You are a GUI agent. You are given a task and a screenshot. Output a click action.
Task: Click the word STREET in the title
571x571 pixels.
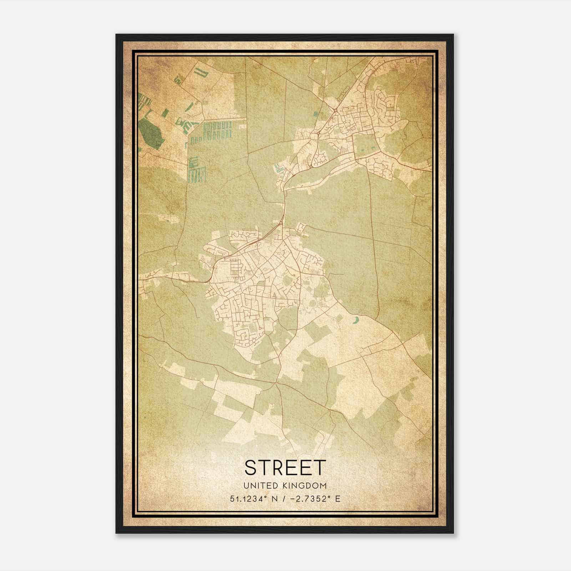[285, 467]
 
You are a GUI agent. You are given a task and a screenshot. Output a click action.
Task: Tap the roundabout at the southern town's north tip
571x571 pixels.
[282, 223]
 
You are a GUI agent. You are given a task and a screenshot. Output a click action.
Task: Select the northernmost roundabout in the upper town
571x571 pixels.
[336, 111]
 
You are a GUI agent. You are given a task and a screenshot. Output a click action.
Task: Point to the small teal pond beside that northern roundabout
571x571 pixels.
[315, 114]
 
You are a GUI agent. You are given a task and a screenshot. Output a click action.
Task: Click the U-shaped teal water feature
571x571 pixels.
[202, 74]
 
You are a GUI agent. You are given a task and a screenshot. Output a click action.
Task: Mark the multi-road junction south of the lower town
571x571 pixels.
[276, 383]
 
